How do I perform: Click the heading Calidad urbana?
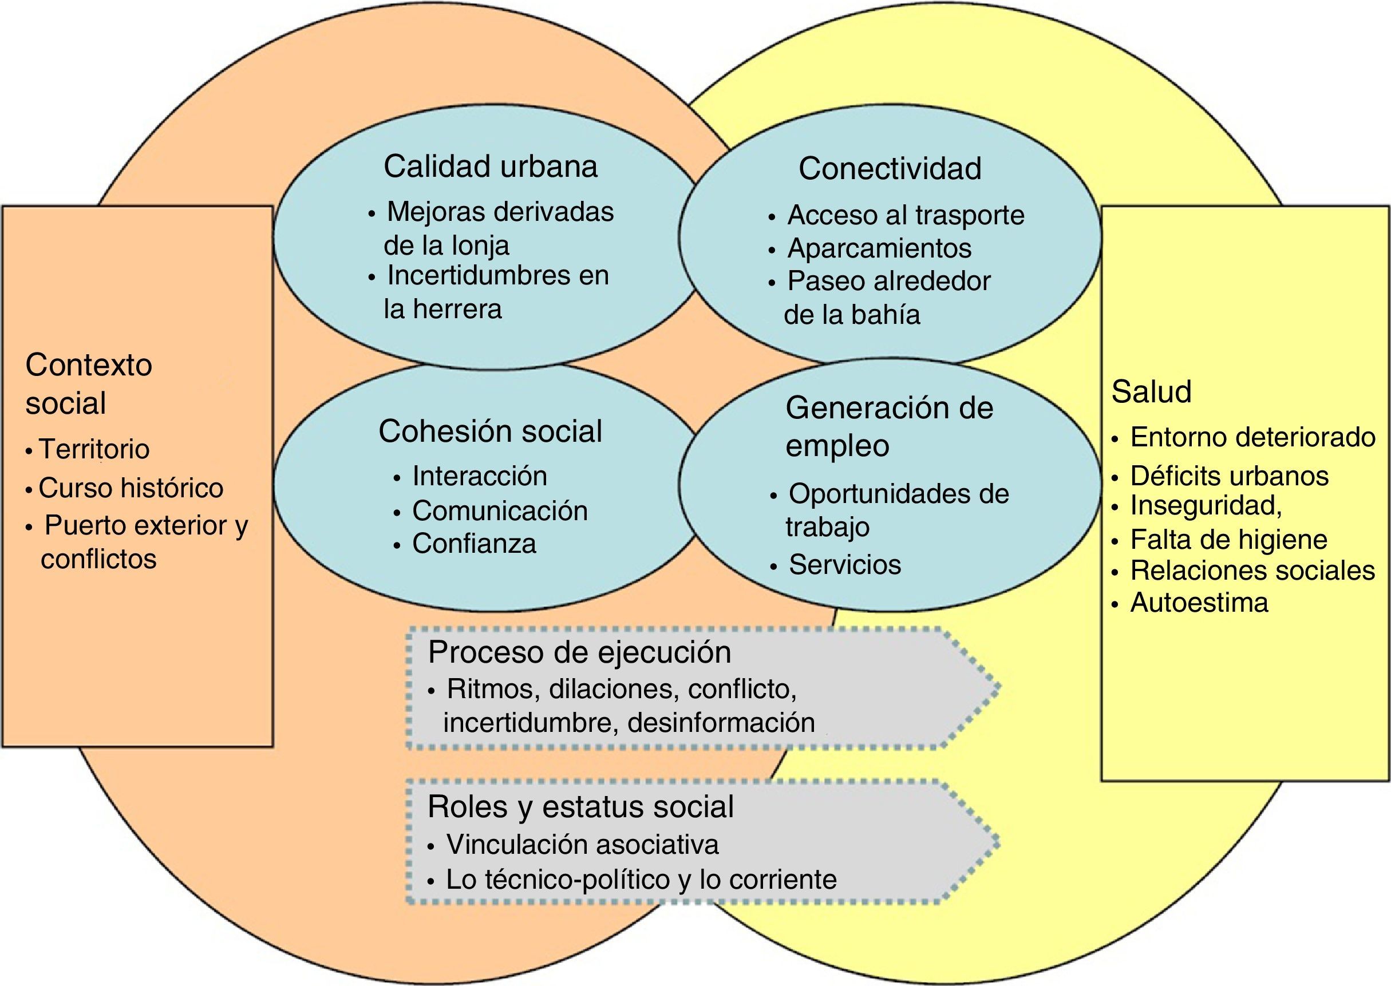coord(490,167)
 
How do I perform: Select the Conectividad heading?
coord(890,168)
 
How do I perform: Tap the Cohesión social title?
coord(490,431)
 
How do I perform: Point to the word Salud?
coord(1151,391)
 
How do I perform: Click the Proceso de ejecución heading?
coord(579,652)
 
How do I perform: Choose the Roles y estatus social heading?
coord(580,807)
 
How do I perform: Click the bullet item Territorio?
coord(94,449)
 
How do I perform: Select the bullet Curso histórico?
coord(131,488)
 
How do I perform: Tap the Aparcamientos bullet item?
coord(879,248)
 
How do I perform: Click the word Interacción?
coord(480,476)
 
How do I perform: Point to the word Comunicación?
coord(500,510)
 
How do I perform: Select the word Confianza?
coord(474,544)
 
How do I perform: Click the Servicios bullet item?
coord(844,565)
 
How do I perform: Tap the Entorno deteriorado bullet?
coord(1252,437)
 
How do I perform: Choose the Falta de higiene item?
coord(1228,539)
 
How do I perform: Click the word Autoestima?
coord(1199,603)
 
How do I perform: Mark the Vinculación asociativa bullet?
coord(582,845)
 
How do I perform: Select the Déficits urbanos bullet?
coord(1229,476)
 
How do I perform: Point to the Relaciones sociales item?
coord(1252,571)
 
